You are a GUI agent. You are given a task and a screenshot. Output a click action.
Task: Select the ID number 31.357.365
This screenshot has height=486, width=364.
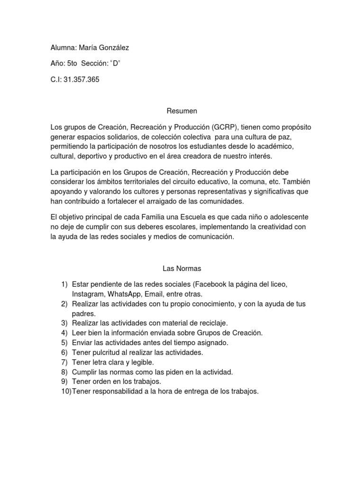[82, 79]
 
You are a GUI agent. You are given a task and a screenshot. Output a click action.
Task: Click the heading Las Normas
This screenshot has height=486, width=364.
[182, 269]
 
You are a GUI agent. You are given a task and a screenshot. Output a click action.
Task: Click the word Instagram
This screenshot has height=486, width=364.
[89, 294]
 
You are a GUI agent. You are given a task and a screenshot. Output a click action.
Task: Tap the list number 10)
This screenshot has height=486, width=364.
[65, 392]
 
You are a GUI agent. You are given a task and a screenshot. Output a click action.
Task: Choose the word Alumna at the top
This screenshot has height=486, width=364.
[63, 47]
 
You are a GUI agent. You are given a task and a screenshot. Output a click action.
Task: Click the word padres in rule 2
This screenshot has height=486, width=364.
[83, 314]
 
